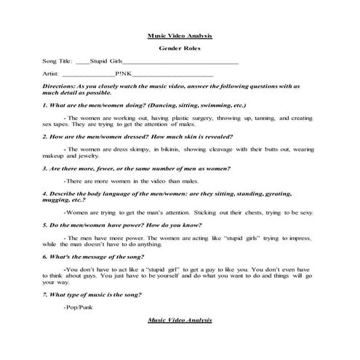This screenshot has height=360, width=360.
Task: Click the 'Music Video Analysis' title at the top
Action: coord(180,36)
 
